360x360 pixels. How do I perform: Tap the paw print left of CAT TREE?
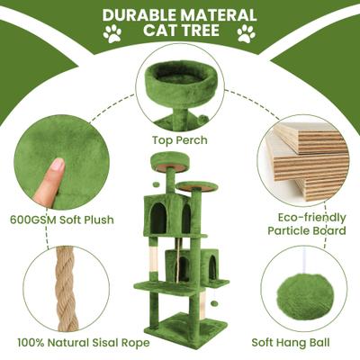pos(112,33)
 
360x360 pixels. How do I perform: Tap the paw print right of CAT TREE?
pos(247,33)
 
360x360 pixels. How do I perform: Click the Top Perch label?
pos(180,139)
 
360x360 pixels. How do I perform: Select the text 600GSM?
pos(33,220)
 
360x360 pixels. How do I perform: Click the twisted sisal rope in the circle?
pos(66,290)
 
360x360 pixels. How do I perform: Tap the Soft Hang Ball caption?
pos(291,342)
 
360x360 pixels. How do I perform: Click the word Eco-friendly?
pos(311,218)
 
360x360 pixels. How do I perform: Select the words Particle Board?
pos(307,231)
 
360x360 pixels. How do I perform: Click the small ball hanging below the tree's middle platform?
pos(214,303)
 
